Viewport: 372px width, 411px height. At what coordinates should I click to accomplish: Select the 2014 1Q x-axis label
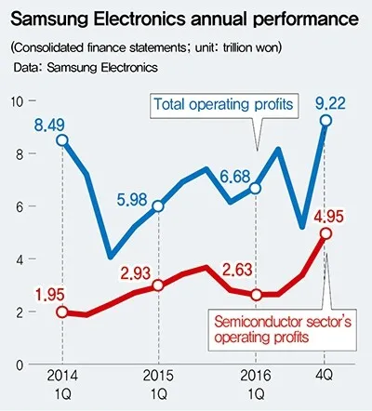click(x=61, y=389)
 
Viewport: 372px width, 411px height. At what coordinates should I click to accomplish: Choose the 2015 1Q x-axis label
click(x=157, y=389)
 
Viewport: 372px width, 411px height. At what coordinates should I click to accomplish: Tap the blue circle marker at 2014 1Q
click(x=61, y=140)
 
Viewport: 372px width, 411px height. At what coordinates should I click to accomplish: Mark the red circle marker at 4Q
click(x=325, y=232)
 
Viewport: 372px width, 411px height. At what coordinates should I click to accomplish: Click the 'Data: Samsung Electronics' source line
click(x=86, y=67)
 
